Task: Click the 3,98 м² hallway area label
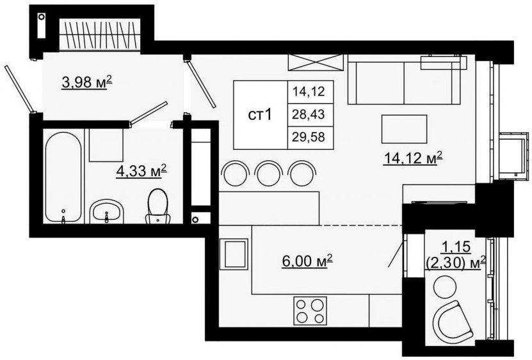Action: coord(87,82)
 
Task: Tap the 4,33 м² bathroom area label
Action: coord(141,171)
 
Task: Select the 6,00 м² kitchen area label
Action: coord(307,261)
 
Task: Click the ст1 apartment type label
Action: coord(260,115)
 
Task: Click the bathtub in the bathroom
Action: coord(63,177)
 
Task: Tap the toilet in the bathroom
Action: coord(157,206)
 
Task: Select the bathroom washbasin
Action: coord(107,211)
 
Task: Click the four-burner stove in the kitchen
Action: coord(310,311)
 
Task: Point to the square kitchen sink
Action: coord(234,254)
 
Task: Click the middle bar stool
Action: coord(268,173)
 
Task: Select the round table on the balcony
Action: coord(445,286)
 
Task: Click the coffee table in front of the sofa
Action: coord(404,129)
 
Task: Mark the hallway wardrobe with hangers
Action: coord(100,35)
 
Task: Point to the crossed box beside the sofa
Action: coord(316,63)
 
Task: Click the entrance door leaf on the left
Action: coord(19,88)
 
